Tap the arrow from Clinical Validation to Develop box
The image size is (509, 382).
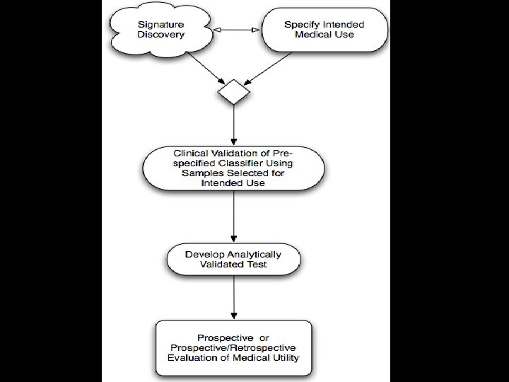point(233,216)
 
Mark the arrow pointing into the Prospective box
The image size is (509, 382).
point(233,297)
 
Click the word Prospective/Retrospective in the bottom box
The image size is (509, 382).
point(234,348)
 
